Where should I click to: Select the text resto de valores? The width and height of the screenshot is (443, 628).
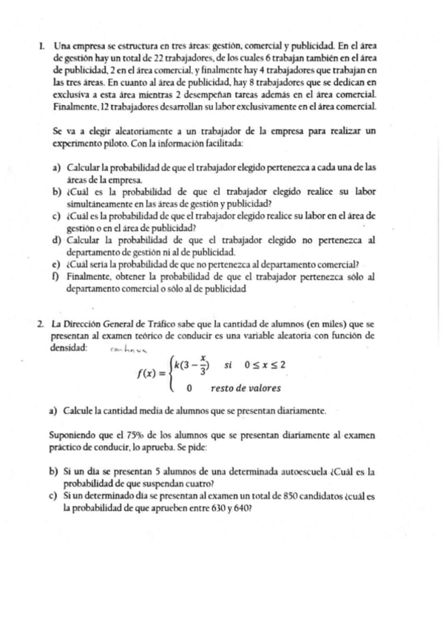point(245,387)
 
